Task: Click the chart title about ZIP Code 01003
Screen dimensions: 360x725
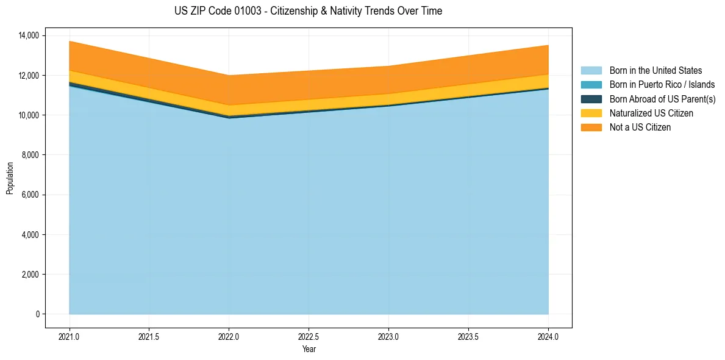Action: [x=308, y=11]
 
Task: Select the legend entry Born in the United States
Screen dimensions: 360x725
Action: [x=655, y=71]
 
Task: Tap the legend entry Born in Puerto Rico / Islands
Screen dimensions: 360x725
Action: [x=662, y=85]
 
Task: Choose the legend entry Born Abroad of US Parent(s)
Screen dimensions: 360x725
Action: [x=662, y=99]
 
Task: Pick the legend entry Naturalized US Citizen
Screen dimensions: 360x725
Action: [x=651, y=113]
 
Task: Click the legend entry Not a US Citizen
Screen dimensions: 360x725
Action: [x=640, y=128]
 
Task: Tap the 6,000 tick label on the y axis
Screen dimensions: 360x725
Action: [x=30, y=195]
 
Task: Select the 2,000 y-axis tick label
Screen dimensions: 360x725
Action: [x=30, y=275]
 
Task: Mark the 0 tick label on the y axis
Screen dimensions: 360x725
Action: [x=38, y=314]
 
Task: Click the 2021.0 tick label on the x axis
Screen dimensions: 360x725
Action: [x=70, y=336]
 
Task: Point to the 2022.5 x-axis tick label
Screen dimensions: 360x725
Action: [x=309, y=336]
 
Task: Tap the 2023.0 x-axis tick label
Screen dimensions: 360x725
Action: [x=388, y=336]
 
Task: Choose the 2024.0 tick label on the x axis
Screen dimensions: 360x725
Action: [x=548, y=336]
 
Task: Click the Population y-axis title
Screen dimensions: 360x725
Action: [x=10, y=178]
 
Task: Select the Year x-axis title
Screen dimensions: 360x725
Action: [x=309, y=350]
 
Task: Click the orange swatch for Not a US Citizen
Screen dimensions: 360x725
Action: [x=591, y=128]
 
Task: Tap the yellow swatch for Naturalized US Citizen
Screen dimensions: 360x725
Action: [x=591, y=113]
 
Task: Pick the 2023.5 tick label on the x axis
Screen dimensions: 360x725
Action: [x=468, y=336]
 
